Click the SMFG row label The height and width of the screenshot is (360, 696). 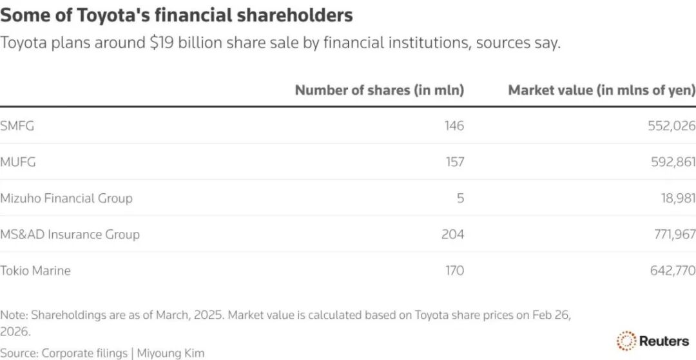click(17, 126)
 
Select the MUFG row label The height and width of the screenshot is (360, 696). click(18, 162)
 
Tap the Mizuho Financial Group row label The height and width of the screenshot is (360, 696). click(66, 198)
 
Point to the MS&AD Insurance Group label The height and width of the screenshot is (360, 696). click(70, 234)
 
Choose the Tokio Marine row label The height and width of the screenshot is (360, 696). click(35, 270)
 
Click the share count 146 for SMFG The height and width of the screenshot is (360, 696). click(454, 126)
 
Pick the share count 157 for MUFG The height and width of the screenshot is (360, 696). click(454, 162)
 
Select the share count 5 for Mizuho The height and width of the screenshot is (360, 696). click(460, 198)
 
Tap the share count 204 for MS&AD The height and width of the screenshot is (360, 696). click(452, 234)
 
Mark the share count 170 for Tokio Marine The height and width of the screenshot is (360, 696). click(454, 270)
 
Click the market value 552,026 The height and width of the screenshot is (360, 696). click(672, 126)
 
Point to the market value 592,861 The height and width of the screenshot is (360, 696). click(672, 162)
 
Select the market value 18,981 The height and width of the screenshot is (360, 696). click(676, 198)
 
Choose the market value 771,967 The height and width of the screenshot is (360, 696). click(672, 234)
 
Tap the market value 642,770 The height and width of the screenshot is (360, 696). click(672, 270)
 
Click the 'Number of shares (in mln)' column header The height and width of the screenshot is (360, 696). click(379, 90)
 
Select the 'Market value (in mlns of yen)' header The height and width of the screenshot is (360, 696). click(602, 90)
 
